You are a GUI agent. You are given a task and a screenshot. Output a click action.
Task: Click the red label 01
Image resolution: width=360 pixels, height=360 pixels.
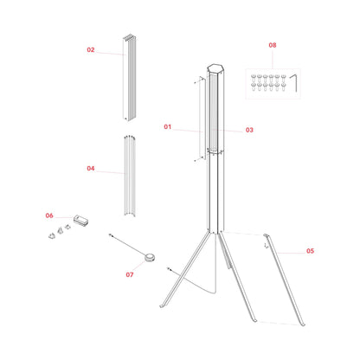coord(168,126)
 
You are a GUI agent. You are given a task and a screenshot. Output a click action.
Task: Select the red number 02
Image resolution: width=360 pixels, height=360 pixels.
coord(90,50)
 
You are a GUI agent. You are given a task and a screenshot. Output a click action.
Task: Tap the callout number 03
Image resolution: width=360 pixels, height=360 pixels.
coord(249,131)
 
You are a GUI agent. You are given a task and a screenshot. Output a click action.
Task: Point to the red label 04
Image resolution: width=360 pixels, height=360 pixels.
coord(90,169)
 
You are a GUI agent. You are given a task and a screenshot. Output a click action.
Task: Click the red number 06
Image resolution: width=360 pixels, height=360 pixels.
coord(49,215)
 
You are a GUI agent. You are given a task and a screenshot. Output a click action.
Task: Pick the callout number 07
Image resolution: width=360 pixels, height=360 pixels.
coord(130,274)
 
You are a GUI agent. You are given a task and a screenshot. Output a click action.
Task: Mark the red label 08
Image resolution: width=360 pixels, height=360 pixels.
coord(273,44)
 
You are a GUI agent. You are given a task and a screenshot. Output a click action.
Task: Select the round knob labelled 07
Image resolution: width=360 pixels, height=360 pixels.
coord(149,255)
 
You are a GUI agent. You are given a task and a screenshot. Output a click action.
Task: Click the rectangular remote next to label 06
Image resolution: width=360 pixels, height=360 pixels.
coord(82,221)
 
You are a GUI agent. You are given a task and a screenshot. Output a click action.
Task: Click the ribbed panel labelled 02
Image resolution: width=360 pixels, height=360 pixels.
coord(130,78)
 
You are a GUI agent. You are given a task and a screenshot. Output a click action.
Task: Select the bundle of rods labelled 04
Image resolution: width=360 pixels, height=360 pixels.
coord(130,177)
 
